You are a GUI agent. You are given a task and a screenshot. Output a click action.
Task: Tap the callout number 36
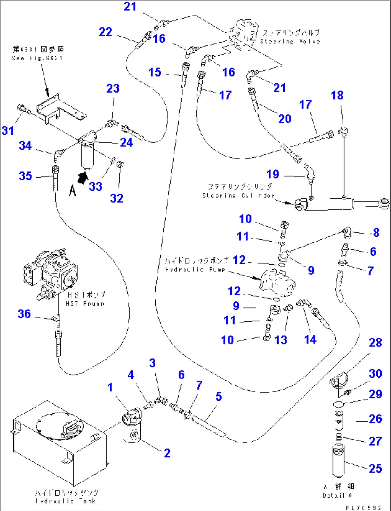point(24,314)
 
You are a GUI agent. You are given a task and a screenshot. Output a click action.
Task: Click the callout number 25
point(375,468)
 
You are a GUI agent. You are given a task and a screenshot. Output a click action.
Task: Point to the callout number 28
point(375,343)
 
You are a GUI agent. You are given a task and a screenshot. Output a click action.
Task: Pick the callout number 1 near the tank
point(110,387)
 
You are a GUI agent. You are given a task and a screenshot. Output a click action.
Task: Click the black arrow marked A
point(83,177)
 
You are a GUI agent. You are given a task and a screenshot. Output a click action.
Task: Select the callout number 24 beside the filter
point(126,143)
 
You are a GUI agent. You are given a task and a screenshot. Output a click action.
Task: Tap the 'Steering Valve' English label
point(290,41)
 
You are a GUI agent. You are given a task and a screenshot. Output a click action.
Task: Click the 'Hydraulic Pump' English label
point(195,269)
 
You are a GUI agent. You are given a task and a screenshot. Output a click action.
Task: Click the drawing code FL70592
point(363,507)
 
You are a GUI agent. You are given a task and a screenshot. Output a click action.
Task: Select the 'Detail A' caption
point(338,495)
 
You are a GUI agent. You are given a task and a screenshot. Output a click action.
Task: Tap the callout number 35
point(25,176)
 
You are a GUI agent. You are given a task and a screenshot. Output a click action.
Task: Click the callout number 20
point(285,119)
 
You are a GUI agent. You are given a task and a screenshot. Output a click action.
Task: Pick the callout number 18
point(337,95)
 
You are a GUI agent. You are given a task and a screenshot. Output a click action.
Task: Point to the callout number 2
point(167,453)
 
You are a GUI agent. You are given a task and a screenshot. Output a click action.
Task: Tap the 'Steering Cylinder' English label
point(238,196)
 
